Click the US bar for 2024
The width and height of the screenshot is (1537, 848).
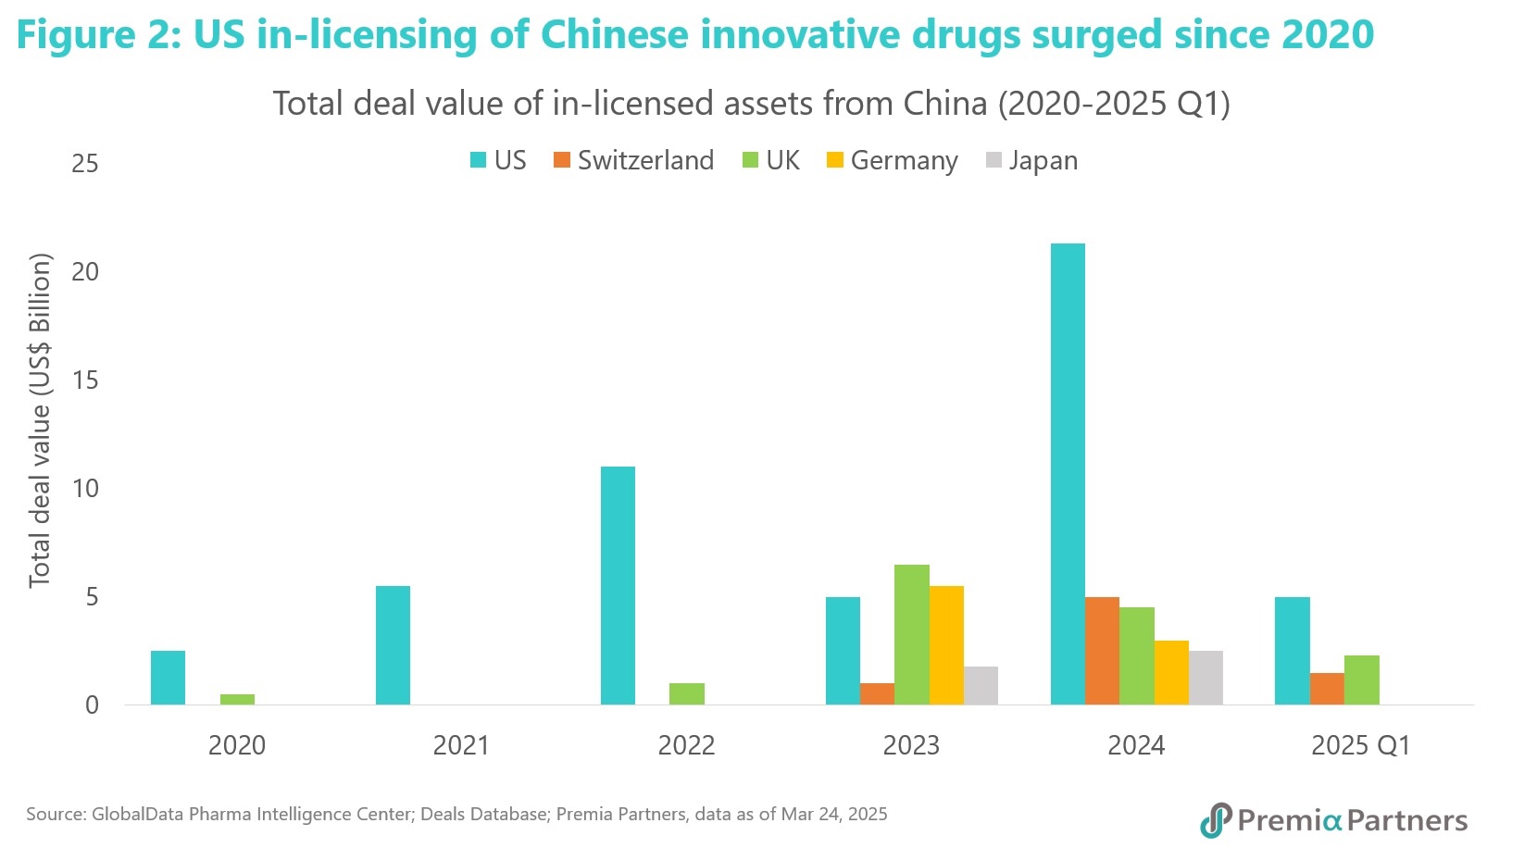1068,474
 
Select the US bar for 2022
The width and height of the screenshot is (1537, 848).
618,585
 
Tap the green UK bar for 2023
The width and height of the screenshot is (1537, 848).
911,634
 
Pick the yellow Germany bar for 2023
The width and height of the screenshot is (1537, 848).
946,645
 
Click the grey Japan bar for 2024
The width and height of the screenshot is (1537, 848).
1206,678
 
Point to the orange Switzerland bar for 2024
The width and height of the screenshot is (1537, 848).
1102,651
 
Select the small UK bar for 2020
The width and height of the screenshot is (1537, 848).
237,699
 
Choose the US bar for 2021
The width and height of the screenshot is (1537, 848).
393,645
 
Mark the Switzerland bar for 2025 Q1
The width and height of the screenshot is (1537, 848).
1327,689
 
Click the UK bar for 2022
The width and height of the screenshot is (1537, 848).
686,693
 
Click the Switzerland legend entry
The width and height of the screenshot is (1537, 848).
634,160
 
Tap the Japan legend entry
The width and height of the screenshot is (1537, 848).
1032,160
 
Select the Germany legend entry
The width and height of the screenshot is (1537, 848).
893,160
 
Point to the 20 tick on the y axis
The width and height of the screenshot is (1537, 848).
85,271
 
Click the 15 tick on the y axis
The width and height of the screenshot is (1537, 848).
85,380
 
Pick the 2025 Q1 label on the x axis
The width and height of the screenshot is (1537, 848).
1360,745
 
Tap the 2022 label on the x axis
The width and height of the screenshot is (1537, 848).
686,745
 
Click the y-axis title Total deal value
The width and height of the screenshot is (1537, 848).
39,421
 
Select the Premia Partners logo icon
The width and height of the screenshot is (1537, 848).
1215,820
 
